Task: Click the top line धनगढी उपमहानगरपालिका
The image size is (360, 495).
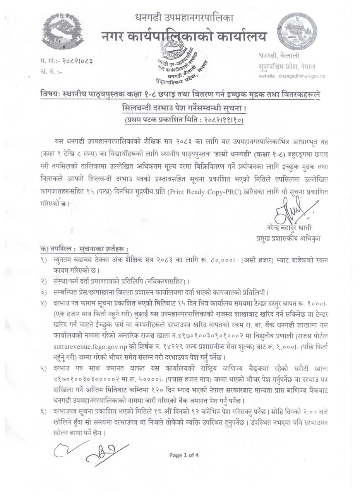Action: click(x=184, y=17)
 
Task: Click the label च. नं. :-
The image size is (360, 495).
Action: click(x=51, y=72)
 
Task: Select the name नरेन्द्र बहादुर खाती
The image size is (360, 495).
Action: click(x=289, y=228)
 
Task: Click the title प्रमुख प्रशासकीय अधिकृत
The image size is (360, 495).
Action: click(x=288, y=239)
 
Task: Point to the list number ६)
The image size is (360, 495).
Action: click(x=43, y=411)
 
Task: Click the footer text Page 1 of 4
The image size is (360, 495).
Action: click(x=184, y=455)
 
